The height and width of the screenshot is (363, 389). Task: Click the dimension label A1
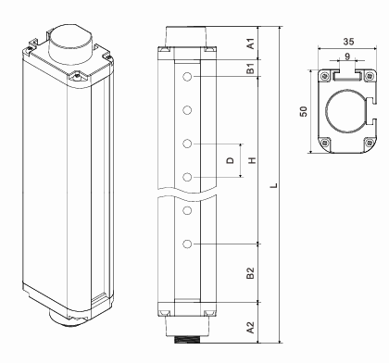point(251,44)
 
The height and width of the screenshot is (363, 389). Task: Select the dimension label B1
point(251,69)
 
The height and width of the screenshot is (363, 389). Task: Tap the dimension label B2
point(251,273)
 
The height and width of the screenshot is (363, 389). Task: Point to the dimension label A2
point(251,327)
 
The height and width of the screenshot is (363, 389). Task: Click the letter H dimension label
point(253,160)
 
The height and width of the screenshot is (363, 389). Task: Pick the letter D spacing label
point(231,160)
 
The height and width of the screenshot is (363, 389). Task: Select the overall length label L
point(273,185)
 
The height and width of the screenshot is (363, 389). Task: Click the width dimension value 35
point(348,42)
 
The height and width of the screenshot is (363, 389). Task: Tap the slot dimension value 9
point(347,56)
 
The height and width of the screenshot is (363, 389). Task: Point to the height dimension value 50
point(304,111)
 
